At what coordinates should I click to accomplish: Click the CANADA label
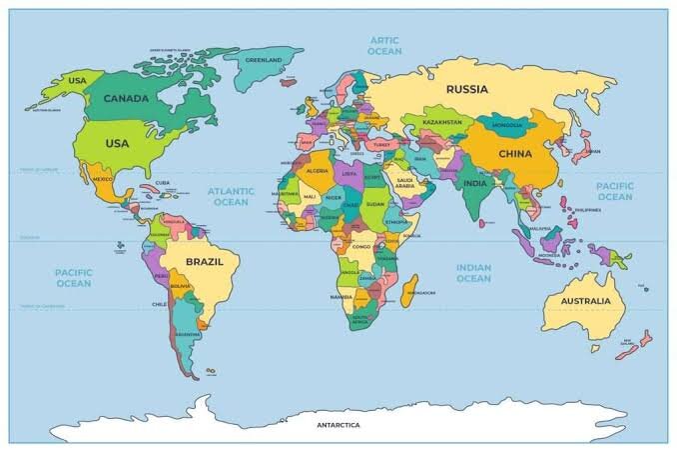[127, 98]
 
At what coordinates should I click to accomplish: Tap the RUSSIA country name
[466, 89]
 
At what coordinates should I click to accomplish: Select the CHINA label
[514, 154]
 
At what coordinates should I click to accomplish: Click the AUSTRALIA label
[585, 301]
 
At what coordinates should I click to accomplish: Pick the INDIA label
[475, 183]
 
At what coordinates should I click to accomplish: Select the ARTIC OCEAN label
[384, 45]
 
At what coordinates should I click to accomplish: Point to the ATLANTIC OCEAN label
[231, 195]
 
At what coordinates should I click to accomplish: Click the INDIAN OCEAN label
[473, 272]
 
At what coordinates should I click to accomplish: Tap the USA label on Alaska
[76, 80]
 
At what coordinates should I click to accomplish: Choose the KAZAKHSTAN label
[443, 122]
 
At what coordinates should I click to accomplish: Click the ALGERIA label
[316, 171]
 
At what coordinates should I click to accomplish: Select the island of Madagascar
[407, 293]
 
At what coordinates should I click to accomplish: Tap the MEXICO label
[102, 180]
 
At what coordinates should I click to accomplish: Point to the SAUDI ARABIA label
[404, 184]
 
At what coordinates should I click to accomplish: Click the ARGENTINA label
[186, 334]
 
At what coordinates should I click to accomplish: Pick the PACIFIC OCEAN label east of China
[614, 191]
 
